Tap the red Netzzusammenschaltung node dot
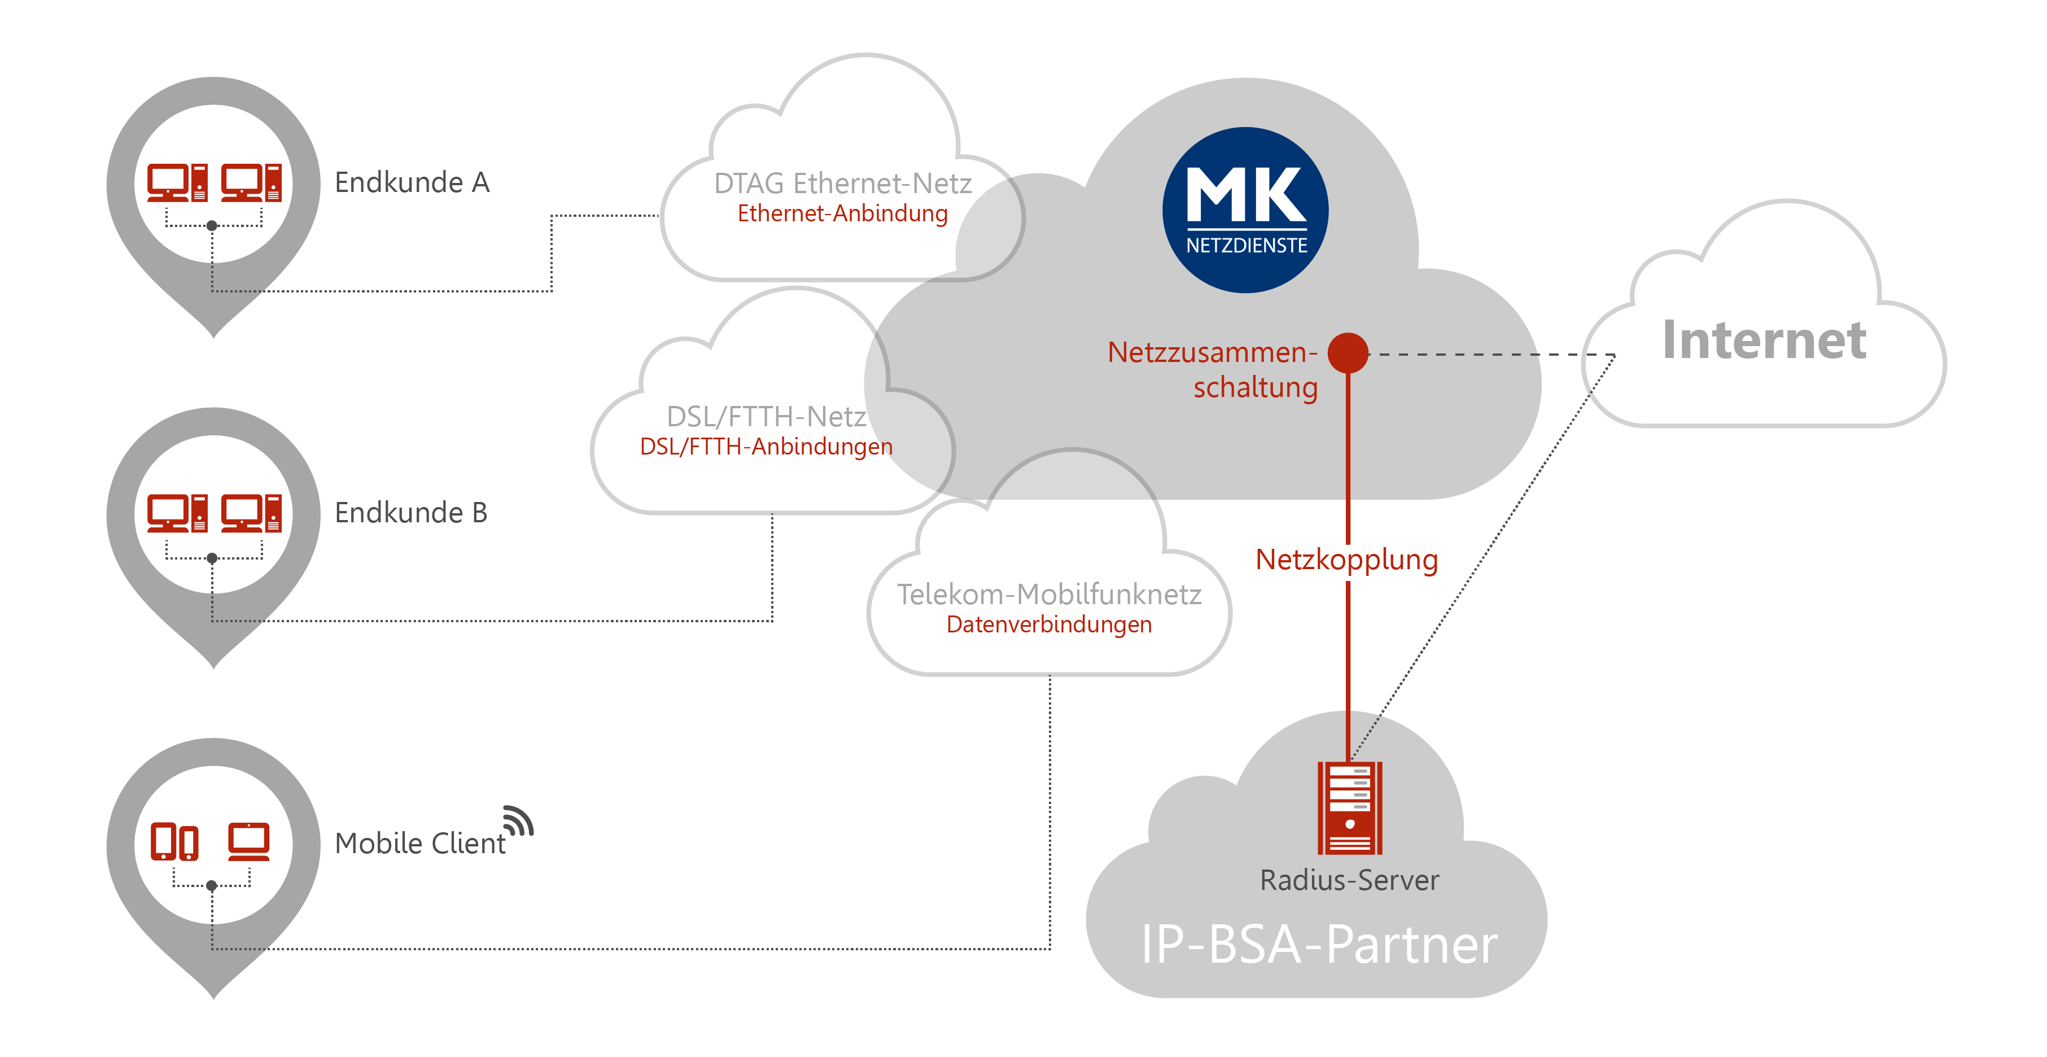tap(1348, 353)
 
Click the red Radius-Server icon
tap(1349, 807)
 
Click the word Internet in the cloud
tap(1764, 340)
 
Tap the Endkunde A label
tap(412, 183)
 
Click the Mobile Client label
tap(419, 843)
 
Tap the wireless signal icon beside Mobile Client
tap(519, 821)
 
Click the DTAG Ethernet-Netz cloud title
tap(842, 184)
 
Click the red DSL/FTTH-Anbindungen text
tap(766, 447)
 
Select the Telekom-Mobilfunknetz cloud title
tap(1049, 595)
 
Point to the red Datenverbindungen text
tap(1049, 624)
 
